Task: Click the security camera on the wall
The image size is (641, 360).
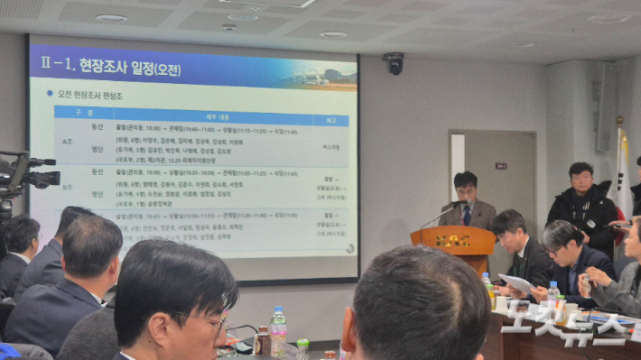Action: point(394,62)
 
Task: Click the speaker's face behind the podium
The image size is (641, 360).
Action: point(466,189)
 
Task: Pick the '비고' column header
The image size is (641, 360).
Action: point(330,120)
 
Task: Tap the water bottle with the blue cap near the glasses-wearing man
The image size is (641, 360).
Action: point(279,330)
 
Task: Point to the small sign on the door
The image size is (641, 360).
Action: point(500,166)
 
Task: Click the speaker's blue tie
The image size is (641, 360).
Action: point(468,216)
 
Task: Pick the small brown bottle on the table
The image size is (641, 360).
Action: point(263,340)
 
